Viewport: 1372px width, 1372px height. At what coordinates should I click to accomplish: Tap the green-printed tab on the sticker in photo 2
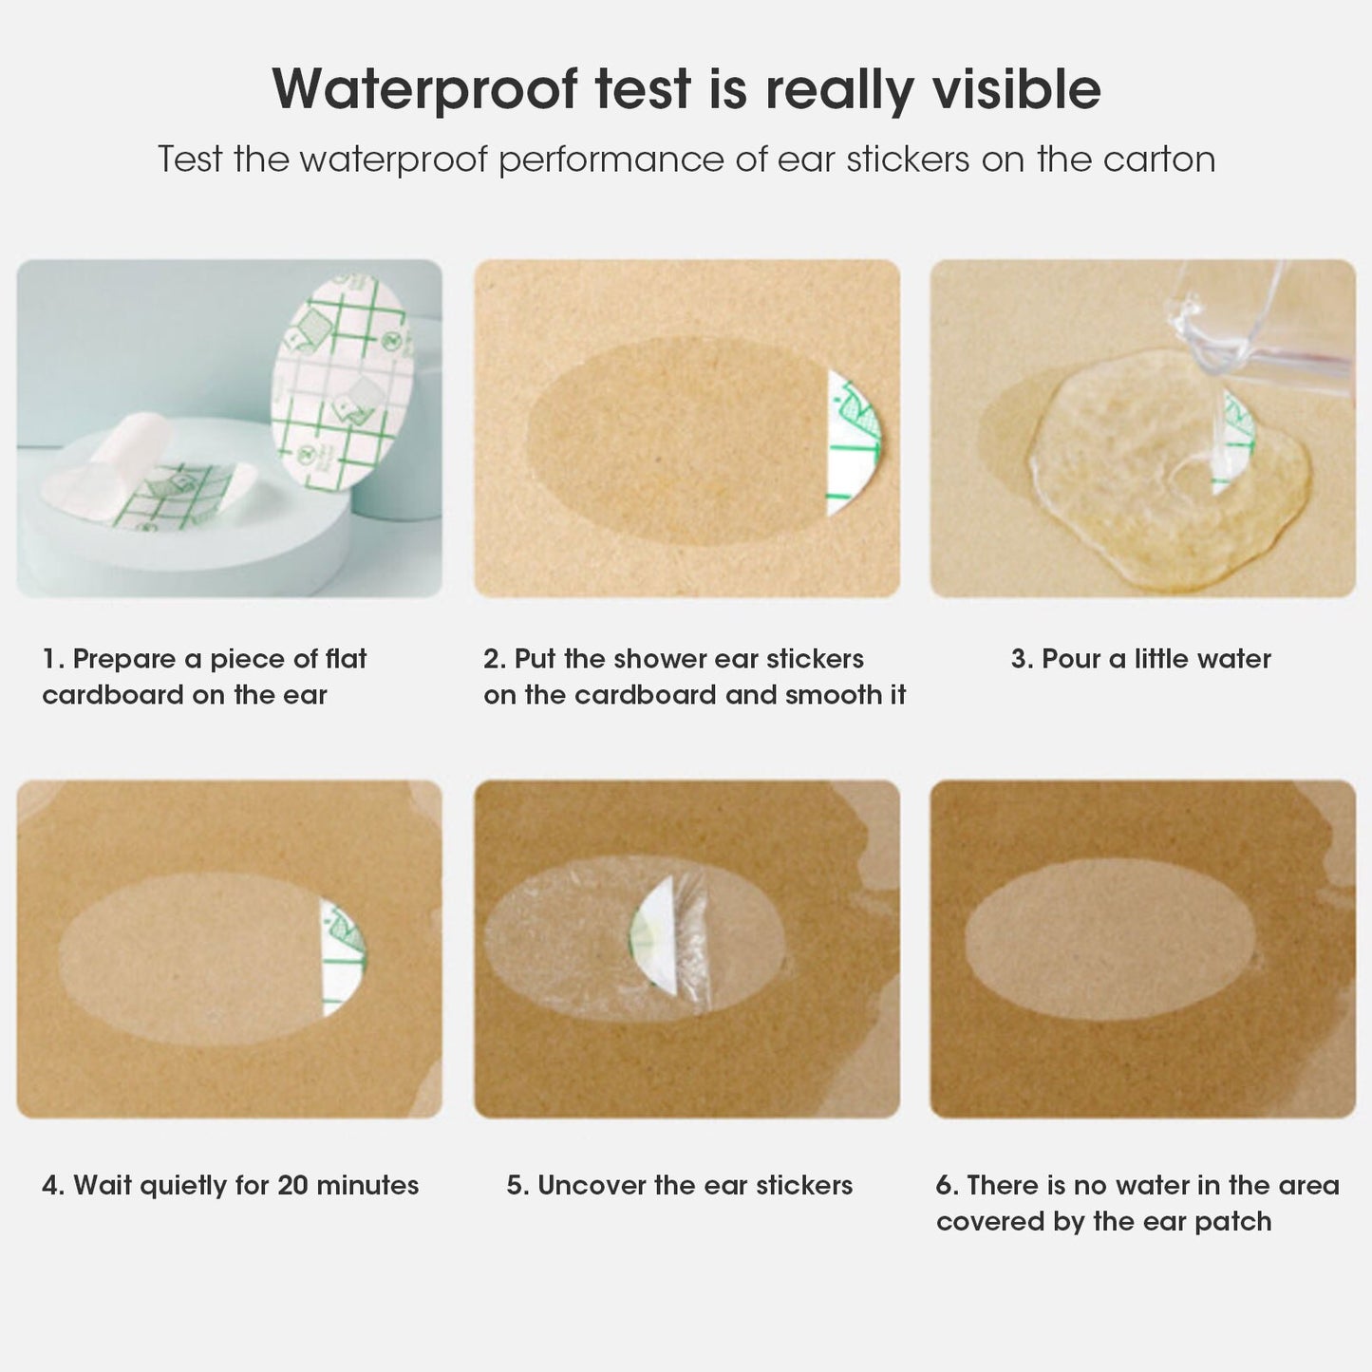(852, 442)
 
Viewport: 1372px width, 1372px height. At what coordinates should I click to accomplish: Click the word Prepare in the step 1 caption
(124, 659)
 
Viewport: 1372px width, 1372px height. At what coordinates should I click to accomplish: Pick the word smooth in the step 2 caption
(836, 695)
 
